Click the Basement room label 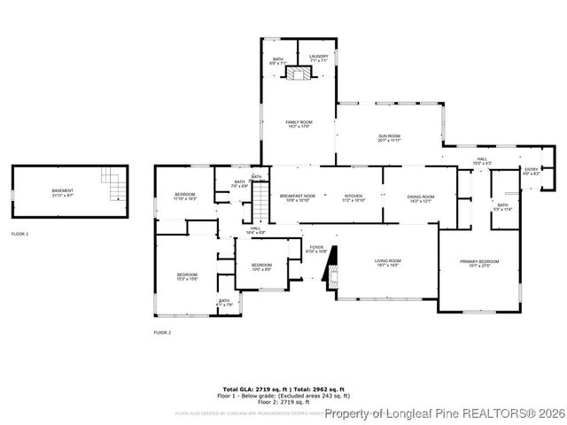click(63, 192)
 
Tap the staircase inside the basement click(113, 186)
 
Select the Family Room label click(299, 124)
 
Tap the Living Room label click(389, 262)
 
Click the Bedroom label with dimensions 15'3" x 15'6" click(186, 276)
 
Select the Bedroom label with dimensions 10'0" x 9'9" click(261, 267)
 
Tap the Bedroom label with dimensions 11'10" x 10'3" click(184, 197)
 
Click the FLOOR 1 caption click(19, 234)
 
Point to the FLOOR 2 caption click(162, 332)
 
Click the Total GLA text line click(283, 390)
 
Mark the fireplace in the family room click(299, 75)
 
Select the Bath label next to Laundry click(277, 61)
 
